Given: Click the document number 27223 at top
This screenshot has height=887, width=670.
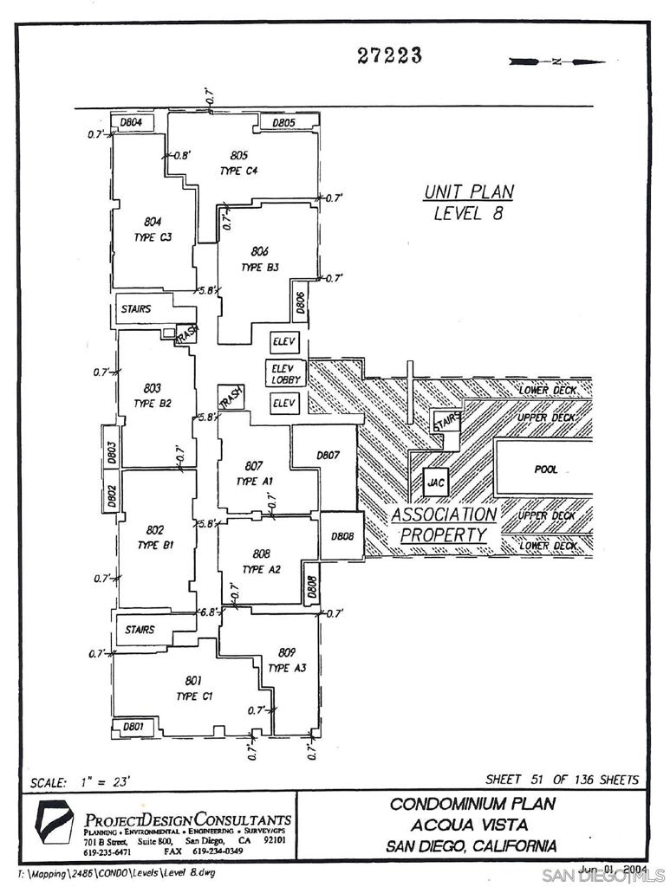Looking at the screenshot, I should pyautogui.click(x=389, y=56).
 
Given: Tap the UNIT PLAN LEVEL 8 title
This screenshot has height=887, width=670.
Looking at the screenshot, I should pyautogui.click(x=468, y=203).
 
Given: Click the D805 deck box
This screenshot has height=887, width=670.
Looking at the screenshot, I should pyautogui.click(x=284, y=123).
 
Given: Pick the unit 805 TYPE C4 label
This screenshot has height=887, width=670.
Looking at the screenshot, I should pyautogui.click(x=238, y=163).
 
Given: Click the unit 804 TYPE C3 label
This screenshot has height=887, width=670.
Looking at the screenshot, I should pyautogui.click(x=153, y=229).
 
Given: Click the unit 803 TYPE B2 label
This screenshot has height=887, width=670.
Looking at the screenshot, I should pyautogui.click(x=153, y=396).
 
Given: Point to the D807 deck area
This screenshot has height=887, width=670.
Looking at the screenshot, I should pyautogui.click(x=327, y=455).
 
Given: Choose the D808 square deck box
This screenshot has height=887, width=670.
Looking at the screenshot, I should pyautogui.click(x=342, y=536).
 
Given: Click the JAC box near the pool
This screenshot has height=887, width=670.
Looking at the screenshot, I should pyautogui.click(x=436, y=482).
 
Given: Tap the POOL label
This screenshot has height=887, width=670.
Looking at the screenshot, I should pyautogui.click(x=546, y=469).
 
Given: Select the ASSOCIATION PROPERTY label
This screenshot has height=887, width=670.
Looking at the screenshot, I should pyautogui.click(x=444, y=525).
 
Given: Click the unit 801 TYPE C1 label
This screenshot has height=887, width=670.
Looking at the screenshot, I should pyautogui.click(x=193, y=688).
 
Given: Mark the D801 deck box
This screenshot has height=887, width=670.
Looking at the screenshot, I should pyautogui.click(x=133, y=726).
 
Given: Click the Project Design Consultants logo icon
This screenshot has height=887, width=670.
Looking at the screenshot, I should pyautogui.click(x=52, y=824).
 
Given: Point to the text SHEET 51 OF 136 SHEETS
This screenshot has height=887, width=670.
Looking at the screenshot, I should pyautogui.click(x=562, y=780).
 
